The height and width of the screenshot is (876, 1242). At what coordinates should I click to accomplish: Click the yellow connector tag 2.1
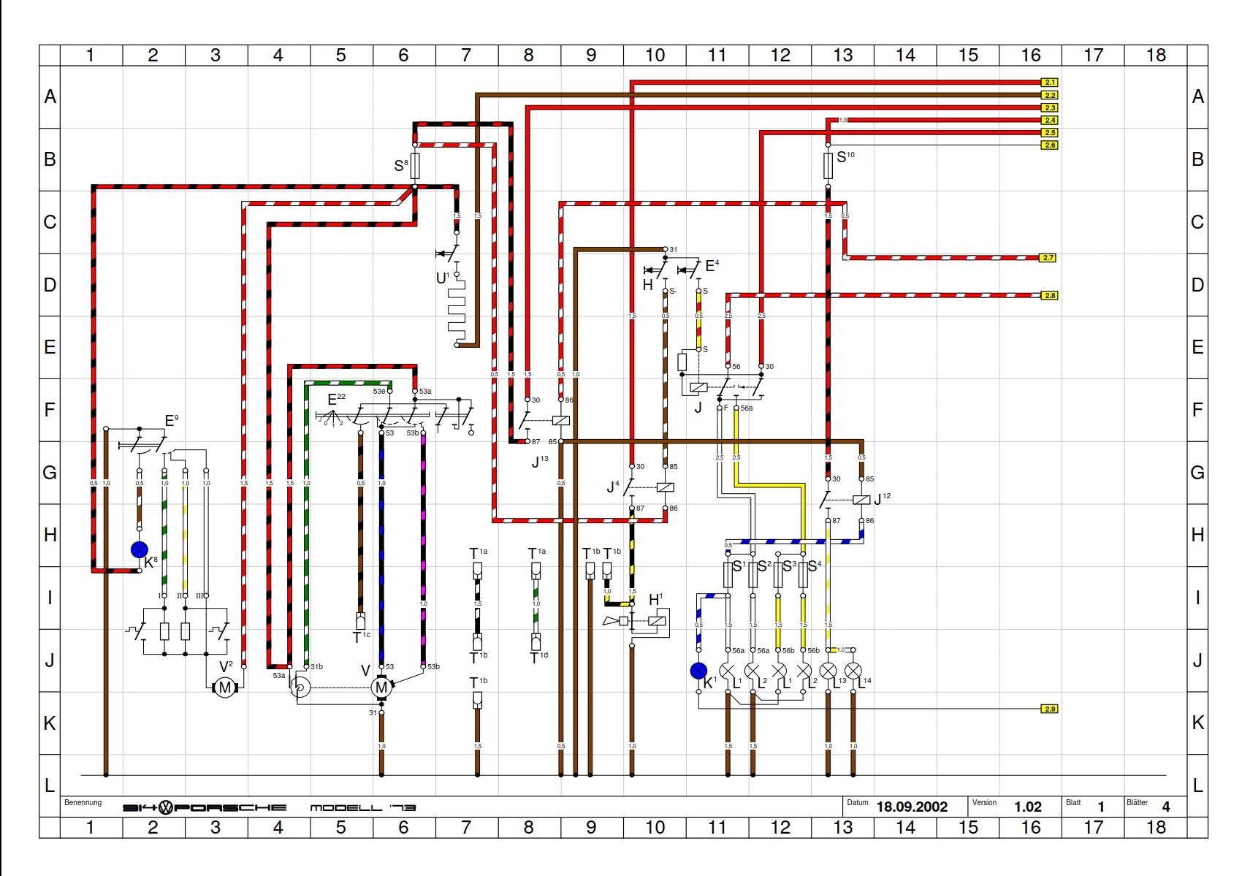[1049, 83]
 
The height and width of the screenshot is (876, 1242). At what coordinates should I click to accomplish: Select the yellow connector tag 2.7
[1048, 258]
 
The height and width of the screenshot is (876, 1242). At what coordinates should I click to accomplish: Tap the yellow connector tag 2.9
[1049, 709]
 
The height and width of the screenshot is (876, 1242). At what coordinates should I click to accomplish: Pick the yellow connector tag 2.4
[1049, 120]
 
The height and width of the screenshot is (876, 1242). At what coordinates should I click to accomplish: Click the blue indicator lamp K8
[139, 549]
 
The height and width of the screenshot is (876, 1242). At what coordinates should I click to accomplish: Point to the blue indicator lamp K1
[699, 671]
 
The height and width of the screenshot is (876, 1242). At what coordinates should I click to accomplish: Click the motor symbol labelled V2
[224, 687]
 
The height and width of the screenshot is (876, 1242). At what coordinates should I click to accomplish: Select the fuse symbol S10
[828, 166]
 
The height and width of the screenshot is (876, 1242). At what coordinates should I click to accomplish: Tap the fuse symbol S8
[415, 166]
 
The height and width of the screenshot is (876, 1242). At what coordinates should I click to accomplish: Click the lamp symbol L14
[853, 671]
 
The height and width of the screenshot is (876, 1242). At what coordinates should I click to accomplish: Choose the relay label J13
[539, 461]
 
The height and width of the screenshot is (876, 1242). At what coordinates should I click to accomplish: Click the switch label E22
[336, 399]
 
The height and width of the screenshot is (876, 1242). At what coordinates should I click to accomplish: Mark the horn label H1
[655, 600]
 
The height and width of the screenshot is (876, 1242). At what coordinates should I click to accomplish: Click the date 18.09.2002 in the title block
[912, 807]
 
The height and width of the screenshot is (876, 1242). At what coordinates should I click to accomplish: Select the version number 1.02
[1027, 807]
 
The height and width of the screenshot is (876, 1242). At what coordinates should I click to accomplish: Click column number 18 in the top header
[1156, 56]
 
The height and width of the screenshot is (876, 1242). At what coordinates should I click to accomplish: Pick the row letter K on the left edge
[50, 723]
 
